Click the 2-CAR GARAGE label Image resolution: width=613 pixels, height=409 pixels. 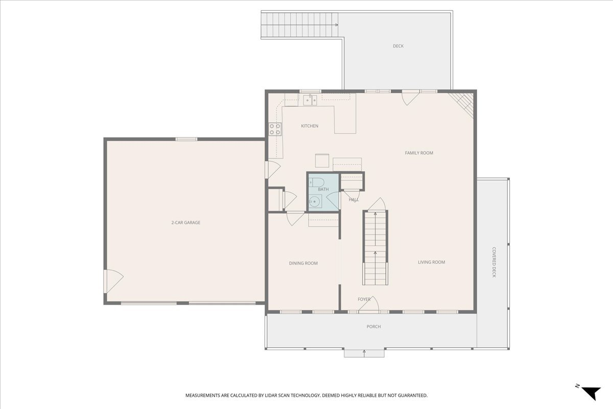click(185, 222)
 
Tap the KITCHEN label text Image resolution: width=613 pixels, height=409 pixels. click(310, 126)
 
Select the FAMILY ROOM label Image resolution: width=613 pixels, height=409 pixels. click(419, 153)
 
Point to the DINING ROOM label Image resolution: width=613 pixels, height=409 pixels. click(303, 263)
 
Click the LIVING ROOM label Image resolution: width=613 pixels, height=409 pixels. click(431, 262)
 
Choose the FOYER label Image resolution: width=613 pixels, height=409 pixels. click(364, 299)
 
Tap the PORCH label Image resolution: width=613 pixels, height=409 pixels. click(373, 327)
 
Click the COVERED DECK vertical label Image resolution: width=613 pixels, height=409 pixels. click(494, 262)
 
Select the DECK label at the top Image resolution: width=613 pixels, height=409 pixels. click(398, 46)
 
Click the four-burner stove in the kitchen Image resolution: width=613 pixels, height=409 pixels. click(275, 129)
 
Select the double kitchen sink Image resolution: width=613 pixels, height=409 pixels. click(310, 100)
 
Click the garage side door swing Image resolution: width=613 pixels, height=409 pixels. click(113, 281)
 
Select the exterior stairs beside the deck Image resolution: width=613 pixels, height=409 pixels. click(300, 25)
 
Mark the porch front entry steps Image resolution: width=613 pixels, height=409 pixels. click(364, 353)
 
